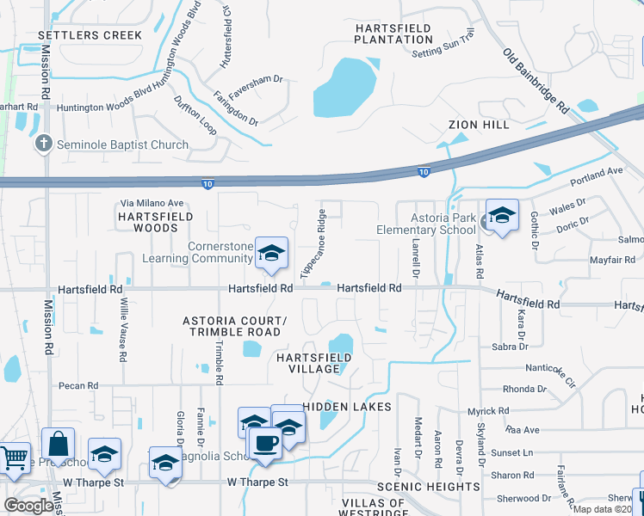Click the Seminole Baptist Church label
122,144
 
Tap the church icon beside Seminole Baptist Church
44,144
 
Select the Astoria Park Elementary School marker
501,216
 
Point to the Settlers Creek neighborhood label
90,35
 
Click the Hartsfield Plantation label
393,34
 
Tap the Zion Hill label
474,125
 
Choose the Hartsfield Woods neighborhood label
156,222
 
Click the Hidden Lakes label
347,406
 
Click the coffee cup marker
265,443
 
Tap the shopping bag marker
58,445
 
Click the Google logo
29,506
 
